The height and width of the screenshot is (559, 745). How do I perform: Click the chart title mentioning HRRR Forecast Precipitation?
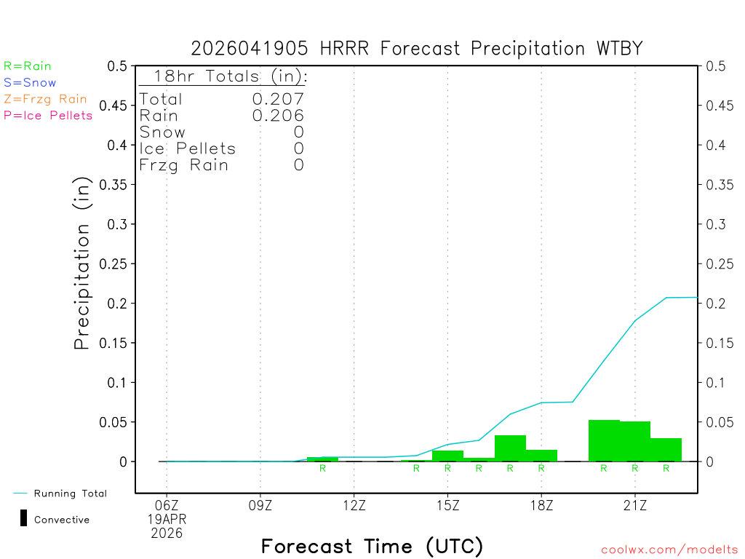pyautogui.click(x=417, y=49)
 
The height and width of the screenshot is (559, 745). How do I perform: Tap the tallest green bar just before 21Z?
pyautogui.click(x=604, y=440)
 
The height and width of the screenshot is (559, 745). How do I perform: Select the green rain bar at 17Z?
pyautogui.click(x=510, y=448)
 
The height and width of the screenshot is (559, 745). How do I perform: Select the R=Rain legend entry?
pyautogui.click(x=28, y=66)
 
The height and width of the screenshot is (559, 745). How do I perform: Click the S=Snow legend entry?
pyautogui.click(x=30, y=83)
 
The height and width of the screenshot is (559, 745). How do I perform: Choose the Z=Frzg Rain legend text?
pyautogui.click(x=45, y=99)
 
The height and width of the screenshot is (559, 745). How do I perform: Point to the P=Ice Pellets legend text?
pyautogui.click(x=48, y=115)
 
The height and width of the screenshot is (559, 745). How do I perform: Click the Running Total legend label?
pyautogui.click(x=70, y=493)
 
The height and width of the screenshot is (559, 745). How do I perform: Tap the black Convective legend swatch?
pyautogui.click(x=23, y=519)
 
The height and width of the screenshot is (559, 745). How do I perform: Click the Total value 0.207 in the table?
pyautogui.click(x=278, y=99)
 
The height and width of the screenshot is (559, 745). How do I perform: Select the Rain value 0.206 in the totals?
pyautogui.click(x=278, y=116)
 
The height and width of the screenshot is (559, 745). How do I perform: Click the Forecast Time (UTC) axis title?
pyautogui.click(x=372, y=546)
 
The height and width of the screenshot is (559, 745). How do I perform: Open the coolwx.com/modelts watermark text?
pyautogui.click(x=669, y=550)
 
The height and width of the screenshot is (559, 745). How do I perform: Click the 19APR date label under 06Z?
pyautogui.click(x=167, y=520)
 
